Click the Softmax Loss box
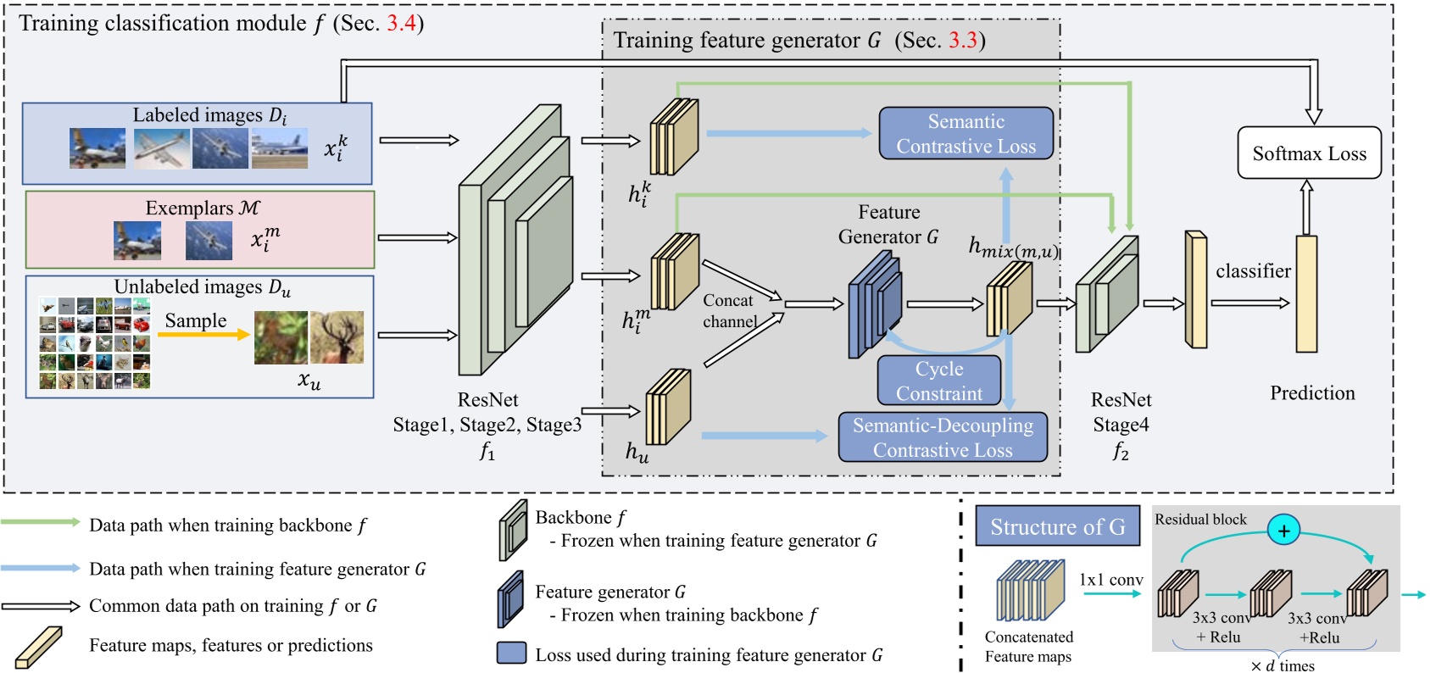pos(1309,153)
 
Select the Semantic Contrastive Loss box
pos(965,134)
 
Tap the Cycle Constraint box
pos(939,381)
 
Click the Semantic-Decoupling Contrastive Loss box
pos(943,437)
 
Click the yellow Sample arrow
pos(203,335)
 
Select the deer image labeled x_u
pos(337,337)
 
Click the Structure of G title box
pos(1057,527)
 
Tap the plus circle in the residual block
pos(1283,531)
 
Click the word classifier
pos(1253,271)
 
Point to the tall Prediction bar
pos(1306,293)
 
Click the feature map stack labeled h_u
pos(668,408)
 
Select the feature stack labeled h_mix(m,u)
pos(1009,298)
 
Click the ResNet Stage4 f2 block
pos(1106,295)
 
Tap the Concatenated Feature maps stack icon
pos(1029,591)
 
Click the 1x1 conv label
pos(1110,580)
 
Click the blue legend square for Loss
pos(511,653)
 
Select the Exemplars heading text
pos(202,209)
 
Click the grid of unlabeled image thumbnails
pos(94,343)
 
